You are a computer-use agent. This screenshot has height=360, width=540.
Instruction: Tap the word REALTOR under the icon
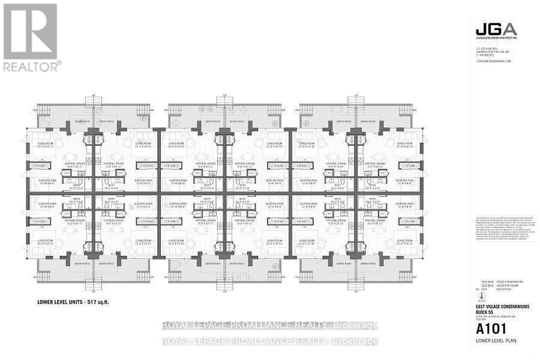31,66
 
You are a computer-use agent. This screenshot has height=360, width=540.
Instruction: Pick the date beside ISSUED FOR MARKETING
487,280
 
